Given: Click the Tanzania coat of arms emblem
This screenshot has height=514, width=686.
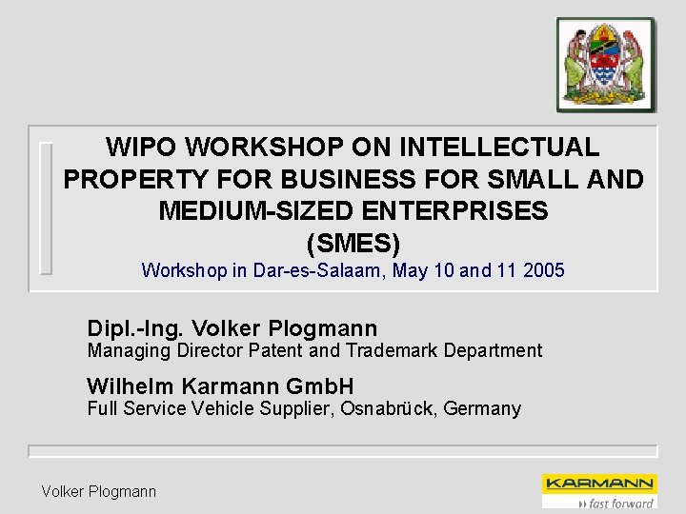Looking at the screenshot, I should pos(606,65).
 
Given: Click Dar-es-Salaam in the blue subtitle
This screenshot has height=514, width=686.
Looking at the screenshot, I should pos(320,270).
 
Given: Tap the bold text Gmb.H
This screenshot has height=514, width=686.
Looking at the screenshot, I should pos(319,386).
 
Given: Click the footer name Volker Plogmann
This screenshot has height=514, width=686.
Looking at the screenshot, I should pos(98,491).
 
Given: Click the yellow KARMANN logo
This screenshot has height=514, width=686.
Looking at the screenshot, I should pos(598,484).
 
